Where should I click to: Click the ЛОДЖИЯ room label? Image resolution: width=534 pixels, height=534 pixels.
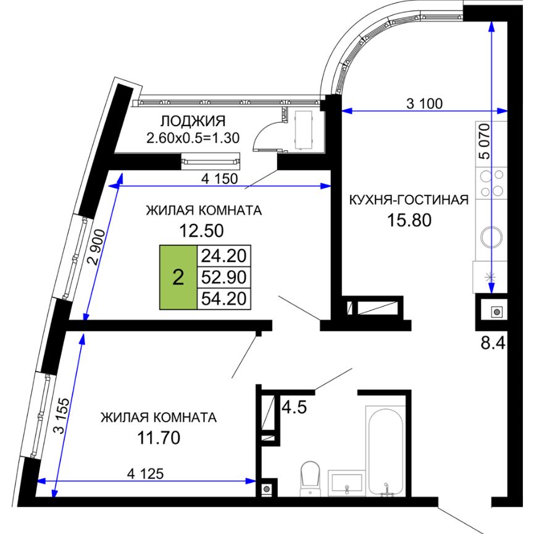click(x=193, y=121)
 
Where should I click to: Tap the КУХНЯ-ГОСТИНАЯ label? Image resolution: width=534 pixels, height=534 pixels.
click(x=409, y=200)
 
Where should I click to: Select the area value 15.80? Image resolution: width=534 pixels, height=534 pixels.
click(x=409, y=220)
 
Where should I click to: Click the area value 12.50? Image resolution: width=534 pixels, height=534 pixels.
click(x=201, y=231)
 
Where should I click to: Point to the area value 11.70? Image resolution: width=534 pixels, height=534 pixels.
click(x=159, y=438)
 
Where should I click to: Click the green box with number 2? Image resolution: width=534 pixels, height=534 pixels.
click(x=178, y=278)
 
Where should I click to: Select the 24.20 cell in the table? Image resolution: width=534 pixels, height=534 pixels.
click(x=223, y=256)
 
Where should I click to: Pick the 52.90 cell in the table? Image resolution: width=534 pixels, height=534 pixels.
click(x=223, y=278)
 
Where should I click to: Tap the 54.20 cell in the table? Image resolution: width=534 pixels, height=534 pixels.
click(x=223, y=299)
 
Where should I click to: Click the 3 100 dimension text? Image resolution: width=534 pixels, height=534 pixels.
click(x=424, y=103)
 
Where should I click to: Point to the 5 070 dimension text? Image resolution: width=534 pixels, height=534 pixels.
click(x=484, y=142)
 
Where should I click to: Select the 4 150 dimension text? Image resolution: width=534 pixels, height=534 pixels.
click(x=219, y=179)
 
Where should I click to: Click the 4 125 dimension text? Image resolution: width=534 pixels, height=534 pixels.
click(x=146, y=473)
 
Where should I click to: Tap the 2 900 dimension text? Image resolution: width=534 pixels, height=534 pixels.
click(x=96, y=247)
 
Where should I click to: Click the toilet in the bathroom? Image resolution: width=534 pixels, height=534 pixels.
click(x=311, y=478)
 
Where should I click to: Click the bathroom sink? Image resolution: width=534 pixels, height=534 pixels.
click(x=347, y=482)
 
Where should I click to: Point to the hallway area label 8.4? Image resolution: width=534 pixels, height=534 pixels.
click(x=493, y=343)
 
